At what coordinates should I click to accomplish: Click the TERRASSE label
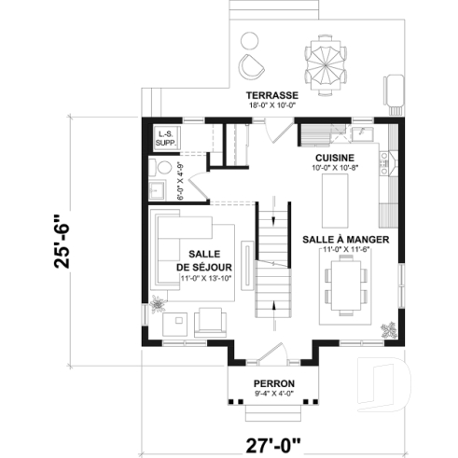(x=273, y=95)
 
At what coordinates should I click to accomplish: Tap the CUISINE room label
(x=333, y=158)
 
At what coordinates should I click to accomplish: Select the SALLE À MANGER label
(x=345, y=239)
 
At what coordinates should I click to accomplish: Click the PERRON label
(x=274, y=384)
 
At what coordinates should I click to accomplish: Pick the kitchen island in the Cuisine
(x=333, y=199)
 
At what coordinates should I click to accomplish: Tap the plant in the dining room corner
(x=388, y=329)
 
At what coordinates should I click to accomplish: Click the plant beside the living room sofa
(x=157, y=303)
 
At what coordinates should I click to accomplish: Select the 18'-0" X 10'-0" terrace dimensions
(x=273, y=106)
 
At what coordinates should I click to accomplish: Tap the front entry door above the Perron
(x=273, y=353)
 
